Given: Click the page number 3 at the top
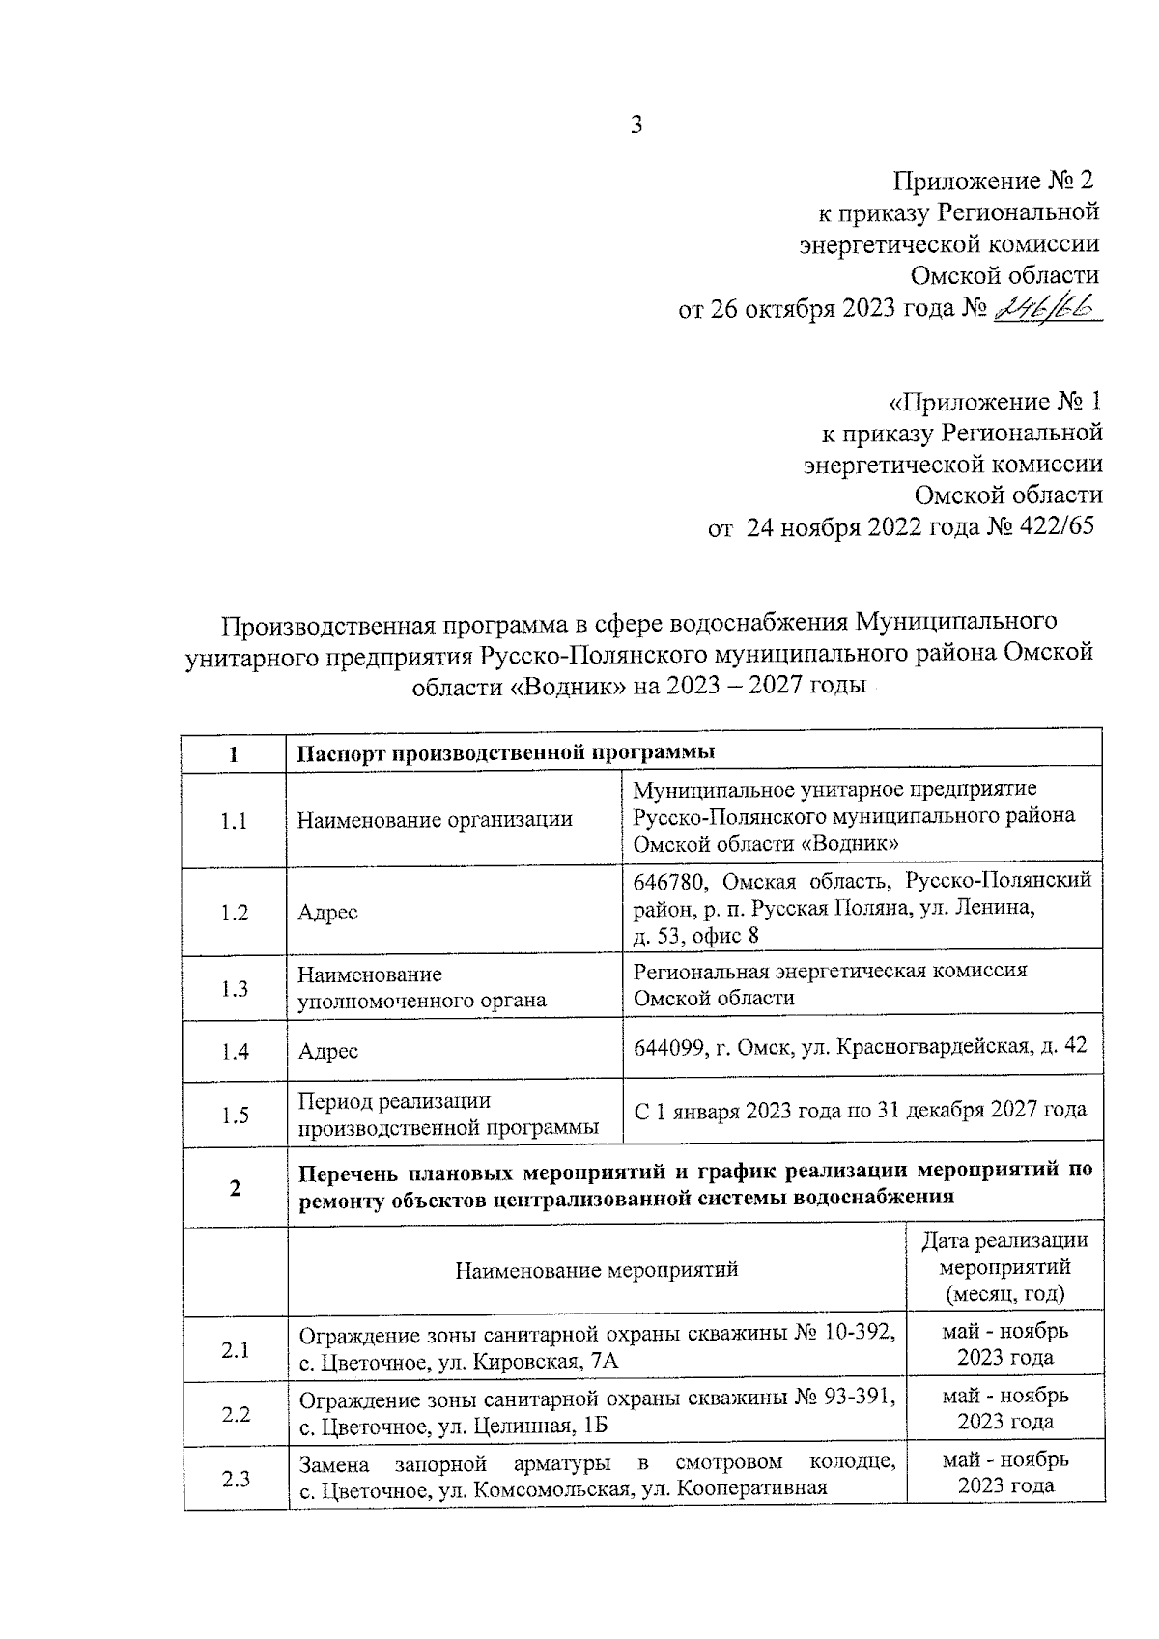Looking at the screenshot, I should pos(636,126).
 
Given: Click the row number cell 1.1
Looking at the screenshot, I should pos(235,821).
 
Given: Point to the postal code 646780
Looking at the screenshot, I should pos(671,881).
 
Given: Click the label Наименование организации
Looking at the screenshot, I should pos(435,821).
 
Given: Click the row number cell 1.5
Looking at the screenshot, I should pos(235,1116).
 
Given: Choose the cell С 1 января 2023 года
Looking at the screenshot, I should pos(860,1111).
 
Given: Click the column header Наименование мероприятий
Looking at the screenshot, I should pos(597,1269).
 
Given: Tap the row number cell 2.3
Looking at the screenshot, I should pos(235,1479).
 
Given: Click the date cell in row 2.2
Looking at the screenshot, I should pos(1004,1409).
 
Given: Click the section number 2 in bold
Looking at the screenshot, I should pos(235,1188).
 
